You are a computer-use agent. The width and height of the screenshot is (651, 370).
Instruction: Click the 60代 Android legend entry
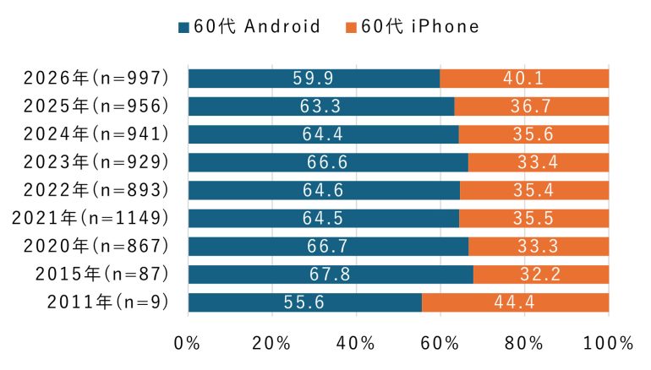click(x=249, y=26)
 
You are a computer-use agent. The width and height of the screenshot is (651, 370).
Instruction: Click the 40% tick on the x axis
click(x=356, y=344)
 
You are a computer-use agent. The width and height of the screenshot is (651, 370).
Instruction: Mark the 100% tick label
click(x=609, y=344)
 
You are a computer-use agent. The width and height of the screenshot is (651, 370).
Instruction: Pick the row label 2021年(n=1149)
click(x=91, y=219)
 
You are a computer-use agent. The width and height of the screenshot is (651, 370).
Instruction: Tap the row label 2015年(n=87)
click(x=104, y=275)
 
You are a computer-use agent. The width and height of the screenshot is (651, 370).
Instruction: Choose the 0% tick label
click(x=187, y=344)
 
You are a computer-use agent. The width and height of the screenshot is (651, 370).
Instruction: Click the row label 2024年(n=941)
click(x=97, y=134)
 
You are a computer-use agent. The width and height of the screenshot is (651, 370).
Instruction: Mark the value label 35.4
click(x=533, y=190)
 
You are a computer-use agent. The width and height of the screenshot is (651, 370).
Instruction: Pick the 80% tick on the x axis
click(x=524, y=344)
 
